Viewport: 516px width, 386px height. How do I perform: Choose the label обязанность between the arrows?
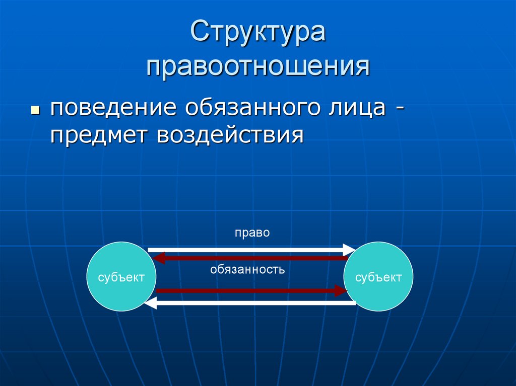click(x=248, y=270)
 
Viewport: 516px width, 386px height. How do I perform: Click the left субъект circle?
click(x=122, y=277)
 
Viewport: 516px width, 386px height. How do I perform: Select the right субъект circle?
click(x=378, y=277)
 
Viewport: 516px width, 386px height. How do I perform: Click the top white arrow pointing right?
click(x=247, y=249)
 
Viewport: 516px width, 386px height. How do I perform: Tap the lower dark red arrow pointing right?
click(x=247, y=290)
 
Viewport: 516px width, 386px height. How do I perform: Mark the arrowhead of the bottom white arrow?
click(x=150, y=303)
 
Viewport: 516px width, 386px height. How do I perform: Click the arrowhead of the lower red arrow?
click(x=341, y=290)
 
